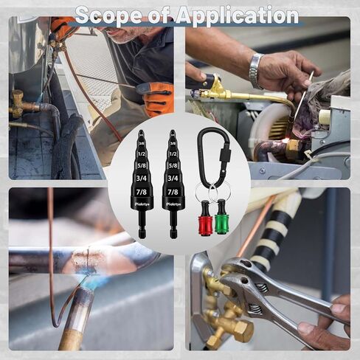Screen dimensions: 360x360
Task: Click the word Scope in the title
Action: pyautogui.click(x=118, y=14)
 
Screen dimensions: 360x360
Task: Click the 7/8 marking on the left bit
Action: pyautogui.click(x=142, y=192)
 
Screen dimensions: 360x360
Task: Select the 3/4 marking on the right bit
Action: pyautogui.click(x=173, y=178)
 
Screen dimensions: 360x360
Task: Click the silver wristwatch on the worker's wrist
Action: pyautogui.click(x=256, y=71)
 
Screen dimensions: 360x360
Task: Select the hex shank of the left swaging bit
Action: pyautogui.click(x=142, y=229)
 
